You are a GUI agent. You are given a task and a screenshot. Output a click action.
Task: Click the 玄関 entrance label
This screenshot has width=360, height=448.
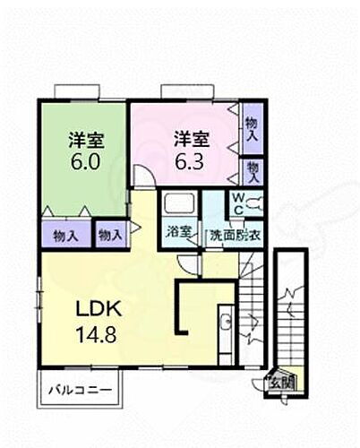(x=284, y=383)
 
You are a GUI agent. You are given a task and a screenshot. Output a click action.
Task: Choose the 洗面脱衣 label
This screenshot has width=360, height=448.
(x=235, y=235)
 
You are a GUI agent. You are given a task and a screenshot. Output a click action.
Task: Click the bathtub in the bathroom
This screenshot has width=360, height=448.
(x=179, y=204)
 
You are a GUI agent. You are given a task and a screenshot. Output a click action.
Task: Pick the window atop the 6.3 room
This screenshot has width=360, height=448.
(x=184, y=90)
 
